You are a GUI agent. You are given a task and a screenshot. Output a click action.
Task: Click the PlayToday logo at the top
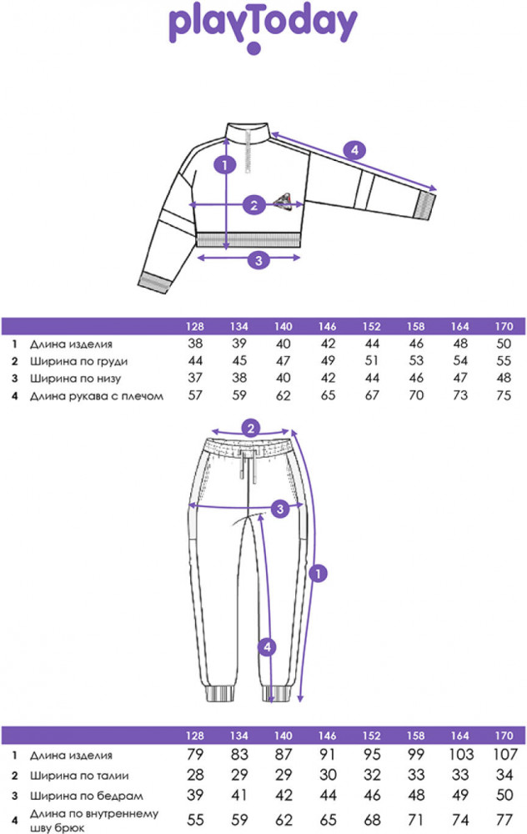tap(263, 28)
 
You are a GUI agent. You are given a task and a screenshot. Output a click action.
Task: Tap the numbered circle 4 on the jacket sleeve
tap(355, 150)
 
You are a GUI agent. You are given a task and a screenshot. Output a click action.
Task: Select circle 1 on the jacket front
tap(223, 165)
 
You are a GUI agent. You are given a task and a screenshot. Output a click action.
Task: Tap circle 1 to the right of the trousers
tap(317, 573)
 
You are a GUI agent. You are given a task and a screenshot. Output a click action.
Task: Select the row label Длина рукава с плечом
tap(96, 396)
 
